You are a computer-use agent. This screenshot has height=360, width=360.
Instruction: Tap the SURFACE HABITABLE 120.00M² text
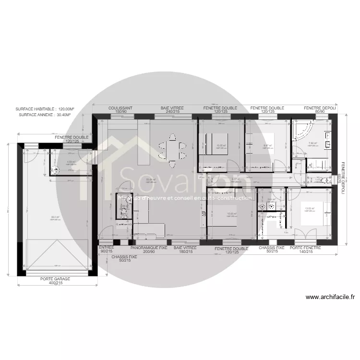(46, 109)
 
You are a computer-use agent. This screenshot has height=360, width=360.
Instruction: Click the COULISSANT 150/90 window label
(120, 110)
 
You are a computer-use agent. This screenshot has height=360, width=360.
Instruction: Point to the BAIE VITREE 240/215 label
(172, 110)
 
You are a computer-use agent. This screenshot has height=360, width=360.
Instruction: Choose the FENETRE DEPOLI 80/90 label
(320, 110)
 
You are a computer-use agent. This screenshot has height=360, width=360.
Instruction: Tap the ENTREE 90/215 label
(106, 250)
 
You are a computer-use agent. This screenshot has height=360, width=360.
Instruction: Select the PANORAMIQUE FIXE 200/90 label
(149, 250)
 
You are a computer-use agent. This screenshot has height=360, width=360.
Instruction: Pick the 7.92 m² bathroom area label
(313, 143)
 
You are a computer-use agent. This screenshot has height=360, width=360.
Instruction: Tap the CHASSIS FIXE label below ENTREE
(124, 259)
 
